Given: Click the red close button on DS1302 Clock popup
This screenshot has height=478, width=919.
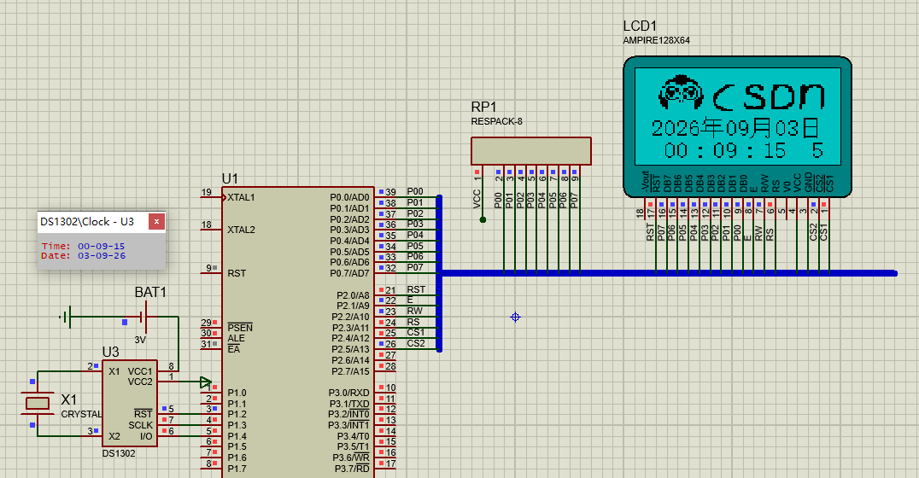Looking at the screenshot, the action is coord(156,221).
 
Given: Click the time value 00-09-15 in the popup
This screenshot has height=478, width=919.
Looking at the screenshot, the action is coord(102,247).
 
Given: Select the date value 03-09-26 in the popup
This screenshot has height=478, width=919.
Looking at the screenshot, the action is coord(102,256).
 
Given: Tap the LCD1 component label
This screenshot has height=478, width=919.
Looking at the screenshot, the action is coord(640,26).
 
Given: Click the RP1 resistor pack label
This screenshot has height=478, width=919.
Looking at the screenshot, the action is coord(483,107).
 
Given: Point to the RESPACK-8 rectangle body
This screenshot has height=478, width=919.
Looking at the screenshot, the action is coord(531,151).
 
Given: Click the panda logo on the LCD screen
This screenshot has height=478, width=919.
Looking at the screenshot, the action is coord(681,92).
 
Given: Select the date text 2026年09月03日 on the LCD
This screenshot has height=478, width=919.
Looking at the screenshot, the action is coord(735,128).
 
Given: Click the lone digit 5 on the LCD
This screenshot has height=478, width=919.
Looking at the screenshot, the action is coord(817,150).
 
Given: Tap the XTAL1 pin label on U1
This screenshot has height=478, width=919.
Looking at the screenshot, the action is coord(241,197).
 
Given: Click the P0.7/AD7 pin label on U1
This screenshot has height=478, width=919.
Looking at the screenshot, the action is coord(349,273).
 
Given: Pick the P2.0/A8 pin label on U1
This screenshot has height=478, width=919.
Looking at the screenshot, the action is coord(353,295).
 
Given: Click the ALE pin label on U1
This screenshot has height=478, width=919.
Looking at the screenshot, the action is coord(236,339).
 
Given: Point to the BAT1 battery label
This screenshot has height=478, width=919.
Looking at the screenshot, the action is coord(150,292).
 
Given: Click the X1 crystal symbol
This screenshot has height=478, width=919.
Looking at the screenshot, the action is coord(38,403).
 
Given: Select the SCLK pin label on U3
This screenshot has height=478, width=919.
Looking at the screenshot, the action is coord(140,425).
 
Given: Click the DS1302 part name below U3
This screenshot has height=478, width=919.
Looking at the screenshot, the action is coord(119,453).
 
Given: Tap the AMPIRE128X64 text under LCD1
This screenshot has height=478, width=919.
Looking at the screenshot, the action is coord(657,40).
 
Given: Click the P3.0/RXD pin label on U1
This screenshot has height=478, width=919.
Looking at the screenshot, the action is coord(348,393).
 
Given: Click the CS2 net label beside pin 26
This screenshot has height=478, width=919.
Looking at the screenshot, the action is coord(416,343).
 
